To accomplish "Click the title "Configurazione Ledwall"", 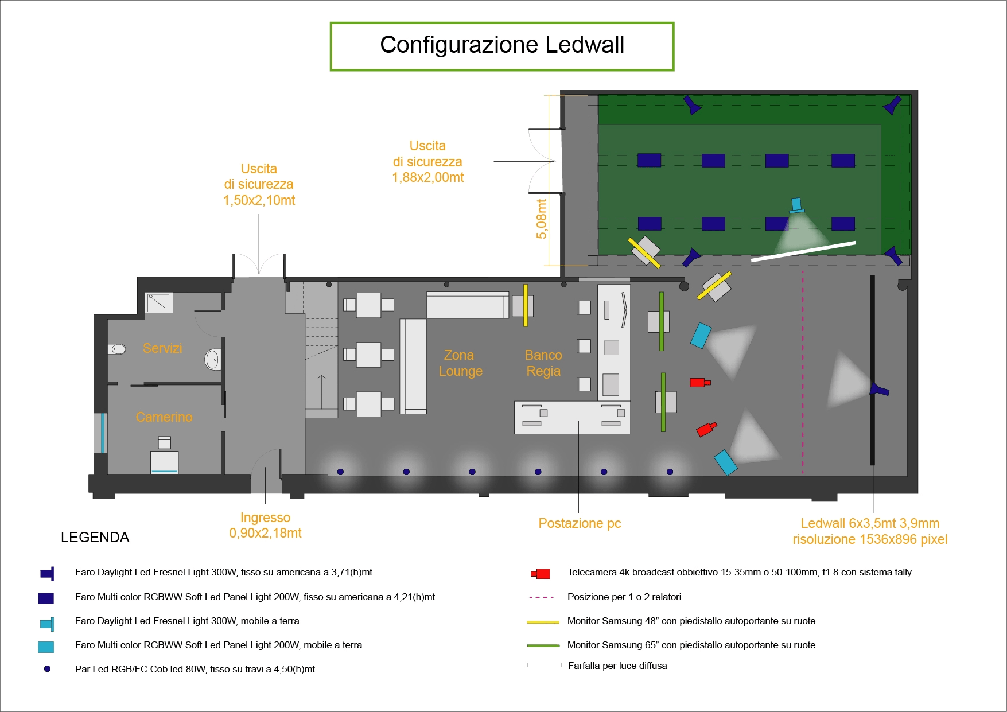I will pyautogui.click(x=502, y=45).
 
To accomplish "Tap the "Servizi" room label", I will pyautogui.click(x=162, y=348).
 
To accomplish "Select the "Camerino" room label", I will pyautogui.click(x=164, y=417).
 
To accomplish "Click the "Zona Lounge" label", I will pyautogui.click(x=460, y=363).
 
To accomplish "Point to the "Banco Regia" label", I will pyautogui.click(x=543, y=363).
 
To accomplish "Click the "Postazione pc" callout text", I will pyautogui.click(x=580, y=523).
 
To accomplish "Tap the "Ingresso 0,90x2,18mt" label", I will pyautogui.click(x=265, y=526).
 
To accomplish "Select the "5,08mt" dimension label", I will pyautogui.click(x=542, y=219).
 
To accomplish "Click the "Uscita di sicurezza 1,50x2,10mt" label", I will pyautogui.click(x=259, y=184).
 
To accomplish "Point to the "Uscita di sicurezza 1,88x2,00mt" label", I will pyautogui.click(x=428, y=162).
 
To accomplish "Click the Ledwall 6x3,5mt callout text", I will pyautogui.click(x=870, y=531).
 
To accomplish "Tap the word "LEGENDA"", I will pyautogui.click(x=95, y=538).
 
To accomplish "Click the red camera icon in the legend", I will pyautogui.click(x=541, y=573).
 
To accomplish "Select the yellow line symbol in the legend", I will pyautogui.click(x=543, y=621).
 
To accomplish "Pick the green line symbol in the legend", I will pyautogui.click(x=543, y=645).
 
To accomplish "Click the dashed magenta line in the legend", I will pyautogui.click(x=541, y=597).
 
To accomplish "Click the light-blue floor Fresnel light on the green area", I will pyautogui.click(x=796, y=205).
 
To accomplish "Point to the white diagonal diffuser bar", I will pyautogui.click(x=803, y=251).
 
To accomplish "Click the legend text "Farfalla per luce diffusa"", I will pyautogui.click(x=617, y=666).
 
